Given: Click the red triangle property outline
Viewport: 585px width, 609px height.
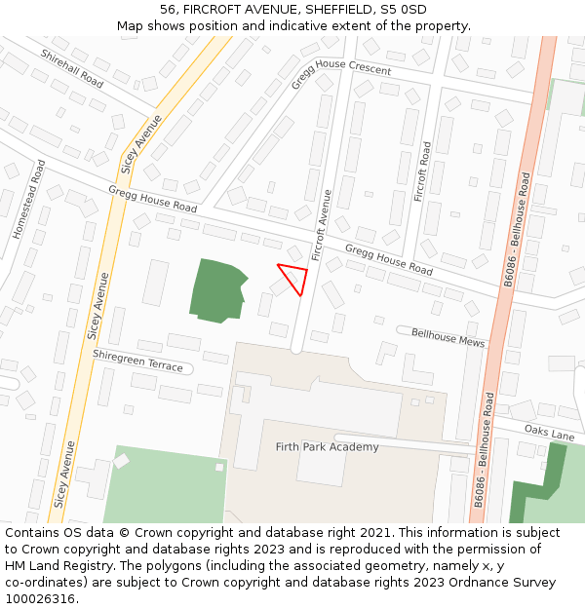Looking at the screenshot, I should (294, 278).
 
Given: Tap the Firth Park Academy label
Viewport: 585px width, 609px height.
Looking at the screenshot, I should (327, 447).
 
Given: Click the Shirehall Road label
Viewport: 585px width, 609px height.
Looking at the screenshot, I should (72, 68).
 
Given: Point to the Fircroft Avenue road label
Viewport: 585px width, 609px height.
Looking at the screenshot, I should (323, 224).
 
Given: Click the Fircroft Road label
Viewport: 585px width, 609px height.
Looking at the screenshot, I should (422, 171).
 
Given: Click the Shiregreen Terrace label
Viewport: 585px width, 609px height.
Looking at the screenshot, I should (137, 361).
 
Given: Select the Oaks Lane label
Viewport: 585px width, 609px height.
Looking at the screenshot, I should (549, 432).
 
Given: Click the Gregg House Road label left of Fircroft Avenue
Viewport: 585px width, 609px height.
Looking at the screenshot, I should (159, 200).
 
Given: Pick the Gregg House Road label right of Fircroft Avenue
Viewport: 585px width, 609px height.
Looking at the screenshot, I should (388, 259).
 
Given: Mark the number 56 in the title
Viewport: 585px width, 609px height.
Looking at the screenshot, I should (169, 10).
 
